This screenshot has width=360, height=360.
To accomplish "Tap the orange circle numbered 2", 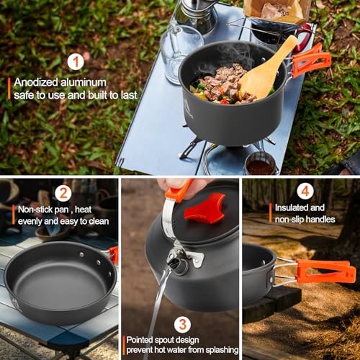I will pyautogui.click(x=63, y=192).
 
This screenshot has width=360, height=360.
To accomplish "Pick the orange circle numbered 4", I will pyautogui.click(x=305, y=192).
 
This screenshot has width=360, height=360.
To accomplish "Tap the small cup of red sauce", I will pyautogui.click(x=261, y=165).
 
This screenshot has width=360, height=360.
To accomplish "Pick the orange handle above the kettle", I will pyautogui.click(x=178, y=192).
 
